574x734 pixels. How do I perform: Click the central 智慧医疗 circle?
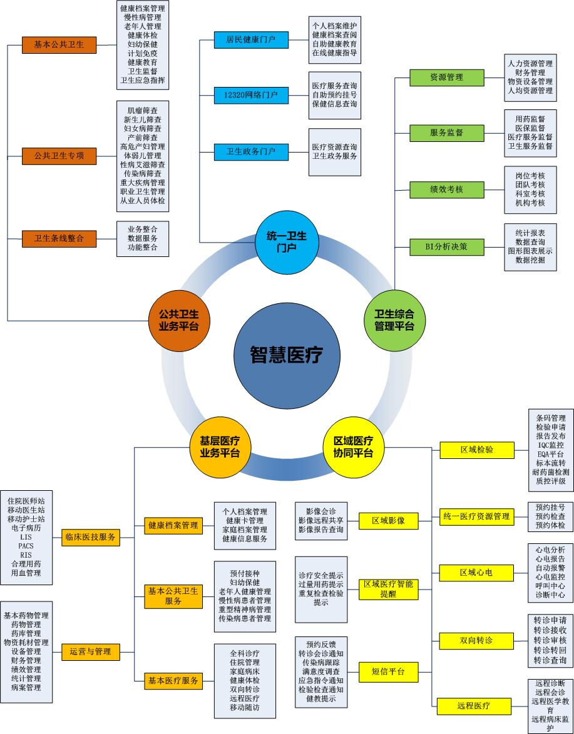[287, 355]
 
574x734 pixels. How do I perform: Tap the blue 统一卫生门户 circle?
[287, 243]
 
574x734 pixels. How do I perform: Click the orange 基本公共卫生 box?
[59, 44]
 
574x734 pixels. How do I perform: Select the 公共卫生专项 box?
[59, 156]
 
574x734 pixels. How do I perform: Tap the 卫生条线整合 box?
[59, 238]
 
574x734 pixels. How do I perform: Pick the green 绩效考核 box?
[447, 189]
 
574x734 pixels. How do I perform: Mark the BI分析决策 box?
[447, 246]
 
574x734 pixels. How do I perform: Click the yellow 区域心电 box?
[476, 572]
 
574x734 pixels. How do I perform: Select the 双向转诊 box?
[476, 640]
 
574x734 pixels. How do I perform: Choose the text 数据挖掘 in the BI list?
[530, 261]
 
